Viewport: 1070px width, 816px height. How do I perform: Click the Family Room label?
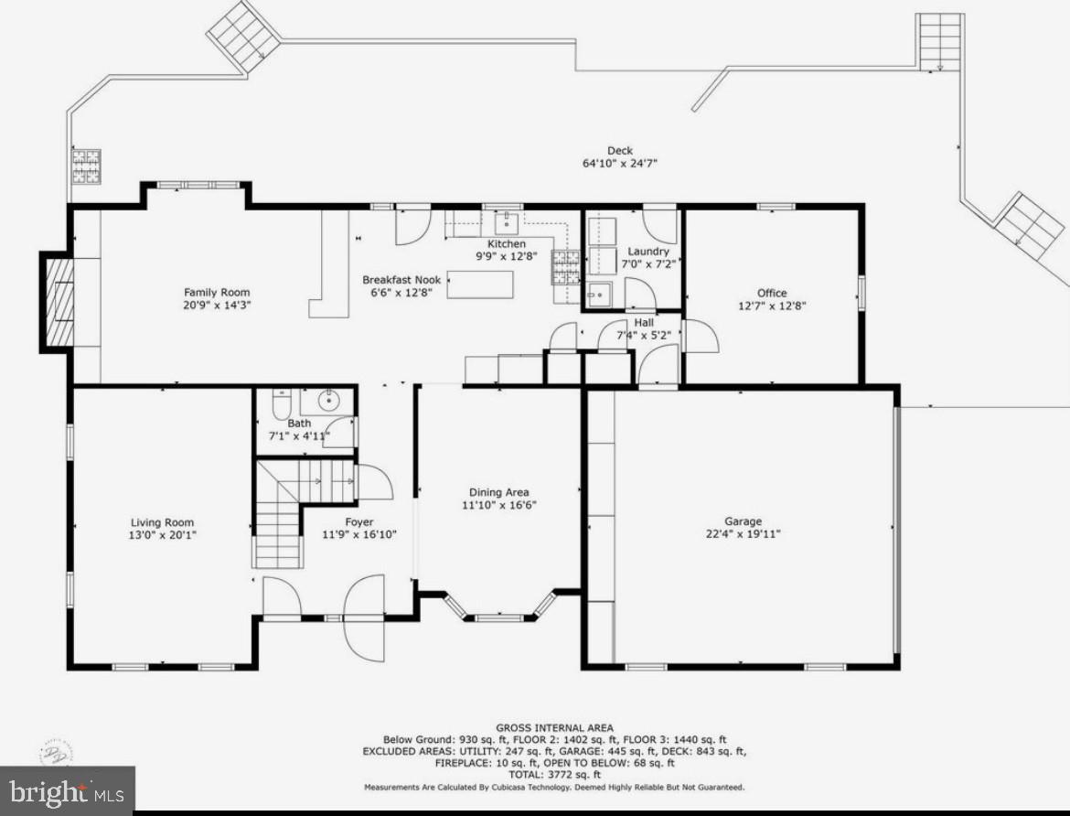216,293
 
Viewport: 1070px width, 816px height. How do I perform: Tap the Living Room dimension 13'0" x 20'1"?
161,534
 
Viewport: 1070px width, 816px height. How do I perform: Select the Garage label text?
744,521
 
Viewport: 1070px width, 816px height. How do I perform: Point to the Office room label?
771,293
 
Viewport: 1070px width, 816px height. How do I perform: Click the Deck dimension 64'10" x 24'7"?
620,163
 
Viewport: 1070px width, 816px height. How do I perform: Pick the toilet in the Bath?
281,403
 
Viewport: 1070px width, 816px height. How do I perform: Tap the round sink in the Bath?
327,400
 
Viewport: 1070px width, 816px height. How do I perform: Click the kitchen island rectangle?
479,285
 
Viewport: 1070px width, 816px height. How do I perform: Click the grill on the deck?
87,166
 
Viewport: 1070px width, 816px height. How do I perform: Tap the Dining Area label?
498,492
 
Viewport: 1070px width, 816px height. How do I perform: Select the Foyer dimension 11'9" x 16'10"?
358,534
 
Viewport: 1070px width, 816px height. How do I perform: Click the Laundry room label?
647,252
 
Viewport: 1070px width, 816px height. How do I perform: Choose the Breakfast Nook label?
401,280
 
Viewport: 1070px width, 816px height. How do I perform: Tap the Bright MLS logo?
67,789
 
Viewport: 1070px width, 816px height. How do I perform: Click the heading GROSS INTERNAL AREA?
554,728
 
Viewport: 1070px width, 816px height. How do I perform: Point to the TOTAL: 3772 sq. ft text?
554,774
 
